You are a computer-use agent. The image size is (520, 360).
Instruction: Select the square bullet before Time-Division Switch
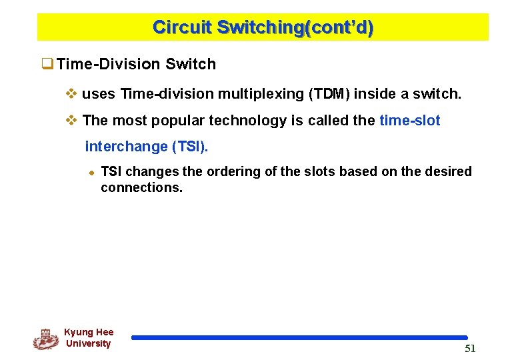pyautogui.click(x=47, y=65)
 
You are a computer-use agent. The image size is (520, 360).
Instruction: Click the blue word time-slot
pyautogui.click(x=409, y=121)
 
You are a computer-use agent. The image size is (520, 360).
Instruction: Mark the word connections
pyautogui.click(x=141, y=187)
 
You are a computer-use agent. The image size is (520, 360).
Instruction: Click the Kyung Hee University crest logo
pyautogui.click(x=45, y=339)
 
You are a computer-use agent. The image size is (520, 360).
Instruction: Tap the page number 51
pyautogui.click(x=470, y=349)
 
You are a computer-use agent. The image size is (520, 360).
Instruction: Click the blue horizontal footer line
pyautogui.click(x=299, y=338)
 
